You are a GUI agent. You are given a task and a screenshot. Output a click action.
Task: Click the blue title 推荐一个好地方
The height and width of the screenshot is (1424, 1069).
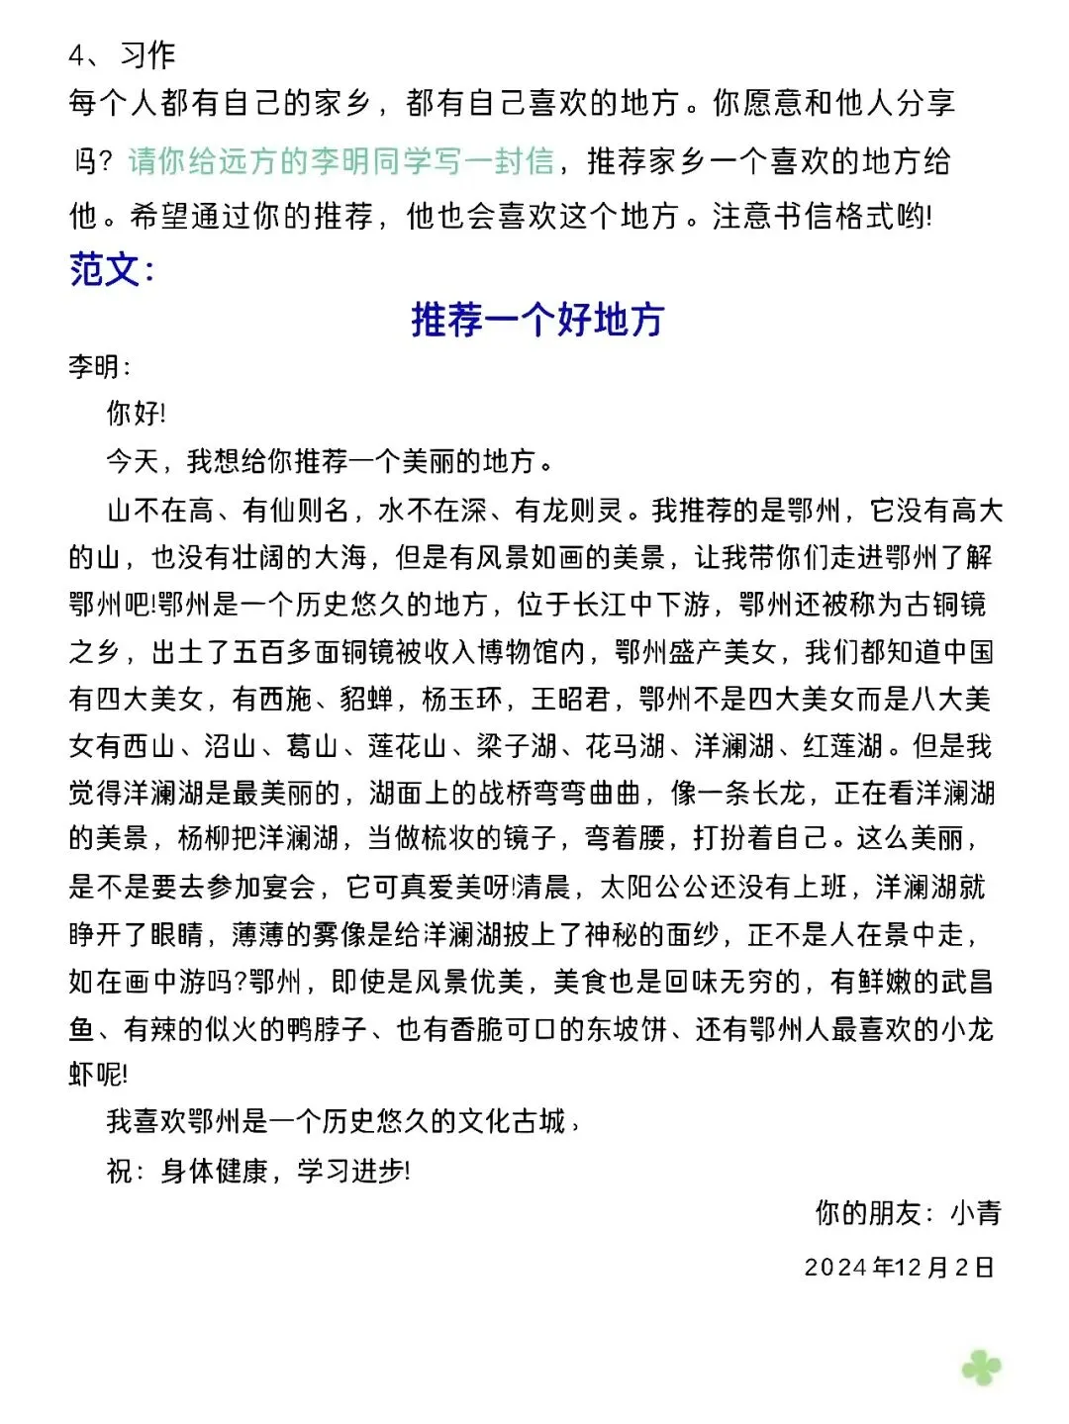(x=536, y=320)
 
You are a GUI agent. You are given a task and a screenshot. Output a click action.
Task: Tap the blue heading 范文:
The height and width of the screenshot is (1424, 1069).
(x=111, y=269)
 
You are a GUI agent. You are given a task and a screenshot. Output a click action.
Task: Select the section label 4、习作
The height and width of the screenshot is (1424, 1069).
(x=121, y=55)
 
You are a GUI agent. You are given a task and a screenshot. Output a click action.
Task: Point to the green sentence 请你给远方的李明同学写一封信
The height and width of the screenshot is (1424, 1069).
(x=340, y=160)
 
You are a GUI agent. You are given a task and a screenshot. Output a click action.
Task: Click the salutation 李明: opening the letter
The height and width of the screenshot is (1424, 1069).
(x=99, y=367)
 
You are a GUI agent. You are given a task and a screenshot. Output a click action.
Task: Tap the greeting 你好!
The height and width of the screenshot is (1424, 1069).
(x=136, y=413)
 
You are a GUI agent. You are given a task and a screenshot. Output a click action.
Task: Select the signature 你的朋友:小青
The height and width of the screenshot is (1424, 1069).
(x=907, y=1212)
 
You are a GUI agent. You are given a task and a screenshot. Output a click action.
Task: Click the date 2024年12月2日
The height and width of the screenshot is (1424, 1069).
(x=899, y=1268)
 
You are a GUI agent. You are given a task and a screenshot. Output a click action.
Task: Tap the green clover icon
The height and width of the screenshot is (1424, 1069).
(x=981, y=1368)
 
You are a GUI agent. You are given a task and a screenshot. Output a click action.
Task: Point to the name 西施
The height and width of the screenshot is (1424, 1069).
(x=286, y=700)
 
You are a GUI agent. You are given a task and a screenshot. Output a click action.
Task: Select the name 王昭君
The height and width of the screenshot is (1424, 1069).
(x=570, y=700)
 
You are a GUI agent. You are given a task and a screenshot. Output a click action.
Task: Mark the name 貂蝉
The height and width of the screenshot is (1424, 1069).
(x=367, y=700)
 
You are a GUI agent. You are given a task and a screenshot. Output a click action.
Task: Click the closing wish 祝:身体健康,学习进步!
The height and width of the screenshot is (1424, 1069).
(x=257, y=1172)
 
